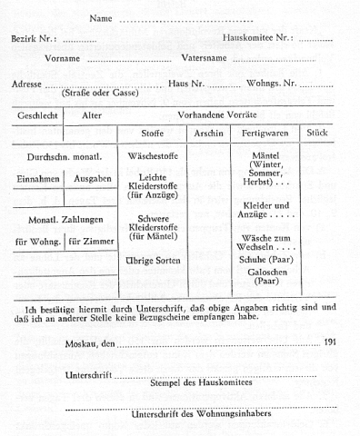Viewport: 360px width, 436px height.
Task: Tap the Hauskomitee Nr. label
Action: [259, 39]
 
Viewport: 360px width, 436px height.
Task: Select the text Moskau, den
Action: [91, 343]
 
